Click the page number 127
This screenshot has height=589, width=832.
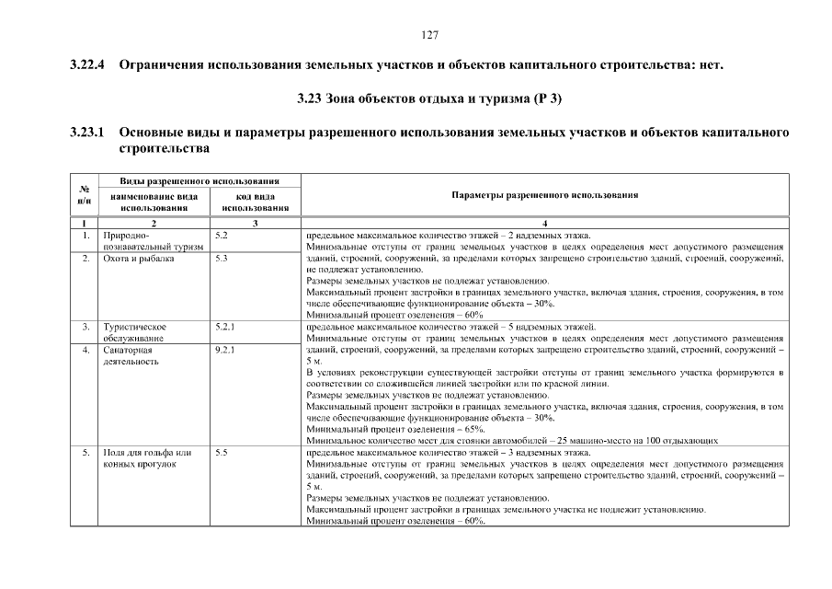429,35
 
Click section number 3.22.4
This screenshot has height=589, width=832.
88,66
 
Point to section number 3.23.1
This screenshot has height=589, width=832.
88,133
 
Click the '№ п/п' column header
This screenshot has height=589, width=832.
84,194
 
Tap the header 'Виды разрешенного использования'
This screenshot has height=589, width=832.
199,180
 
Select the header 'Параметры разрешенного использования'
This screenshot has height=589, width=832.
545,195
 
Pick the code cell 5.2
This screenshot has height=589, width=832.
221,236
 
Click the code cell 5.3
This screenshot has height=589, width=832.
221,259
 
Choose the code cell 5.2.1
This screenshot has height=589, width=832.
224,327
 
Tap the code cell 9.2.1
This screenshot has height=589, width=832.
224,350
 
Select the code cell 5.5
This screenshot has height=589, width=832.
221,452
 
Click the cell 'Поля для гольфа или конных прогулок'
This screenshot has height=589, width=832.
147,457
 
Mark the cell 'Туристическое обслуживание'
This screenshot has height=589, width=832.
135,332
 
